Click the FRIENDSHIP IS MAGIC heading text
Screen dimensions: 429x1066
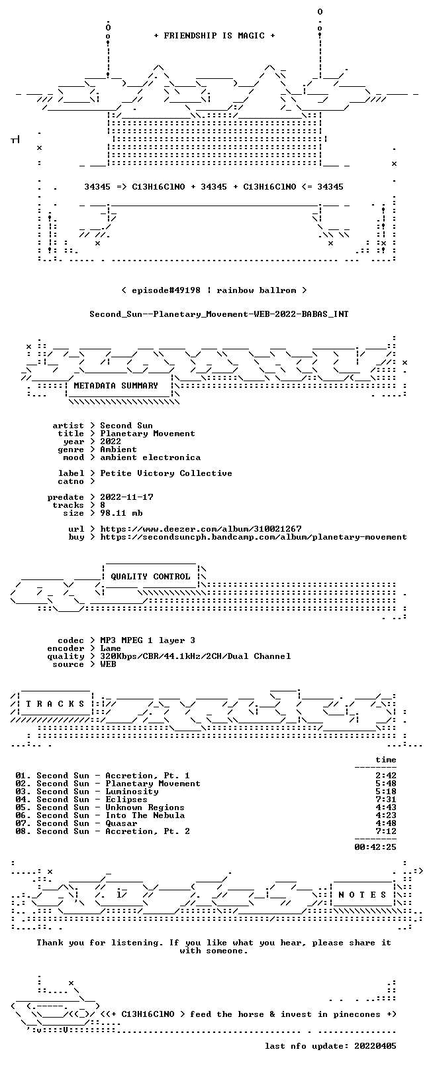[x=215, y=36]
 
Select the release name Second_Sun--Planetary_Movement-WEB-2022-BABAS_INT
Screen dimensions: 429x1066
[x=219, y=314]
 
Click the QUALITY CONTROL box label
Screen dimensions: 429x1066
[x=150, y=576]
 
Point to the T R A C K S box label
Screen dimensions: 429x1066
[x=55, y=704]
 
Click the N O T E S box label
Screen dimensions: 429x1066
[x=362, y=895]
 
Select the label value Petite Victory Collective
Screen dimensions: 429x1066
[x=166, y=473]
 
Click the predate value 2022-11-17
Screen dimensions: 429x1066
[x=126, y=497]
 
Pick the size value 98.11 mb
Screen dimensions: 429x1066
[x=121, y=513]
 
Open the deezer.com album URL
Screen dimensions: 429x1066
[x=201, y=529]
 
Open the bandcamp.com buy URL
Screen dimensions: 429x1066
[x=253, y=537]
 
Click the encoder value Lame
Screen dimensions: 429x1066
[x=110, y=648]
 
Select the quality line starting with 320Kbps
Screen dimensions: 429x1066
[x=195, y=656]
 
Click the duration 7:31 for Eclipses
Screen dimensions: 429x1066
[x=386, y=799]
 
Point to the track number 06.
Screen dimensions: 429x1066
[x=21, y=815]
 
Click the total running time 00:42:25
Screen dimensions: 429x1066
[x=375, y=847]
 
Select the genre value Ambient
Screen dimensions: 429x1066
[x=119, y=449]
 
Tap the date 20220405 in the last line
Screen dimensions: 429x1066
[x=375, y=1045]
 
